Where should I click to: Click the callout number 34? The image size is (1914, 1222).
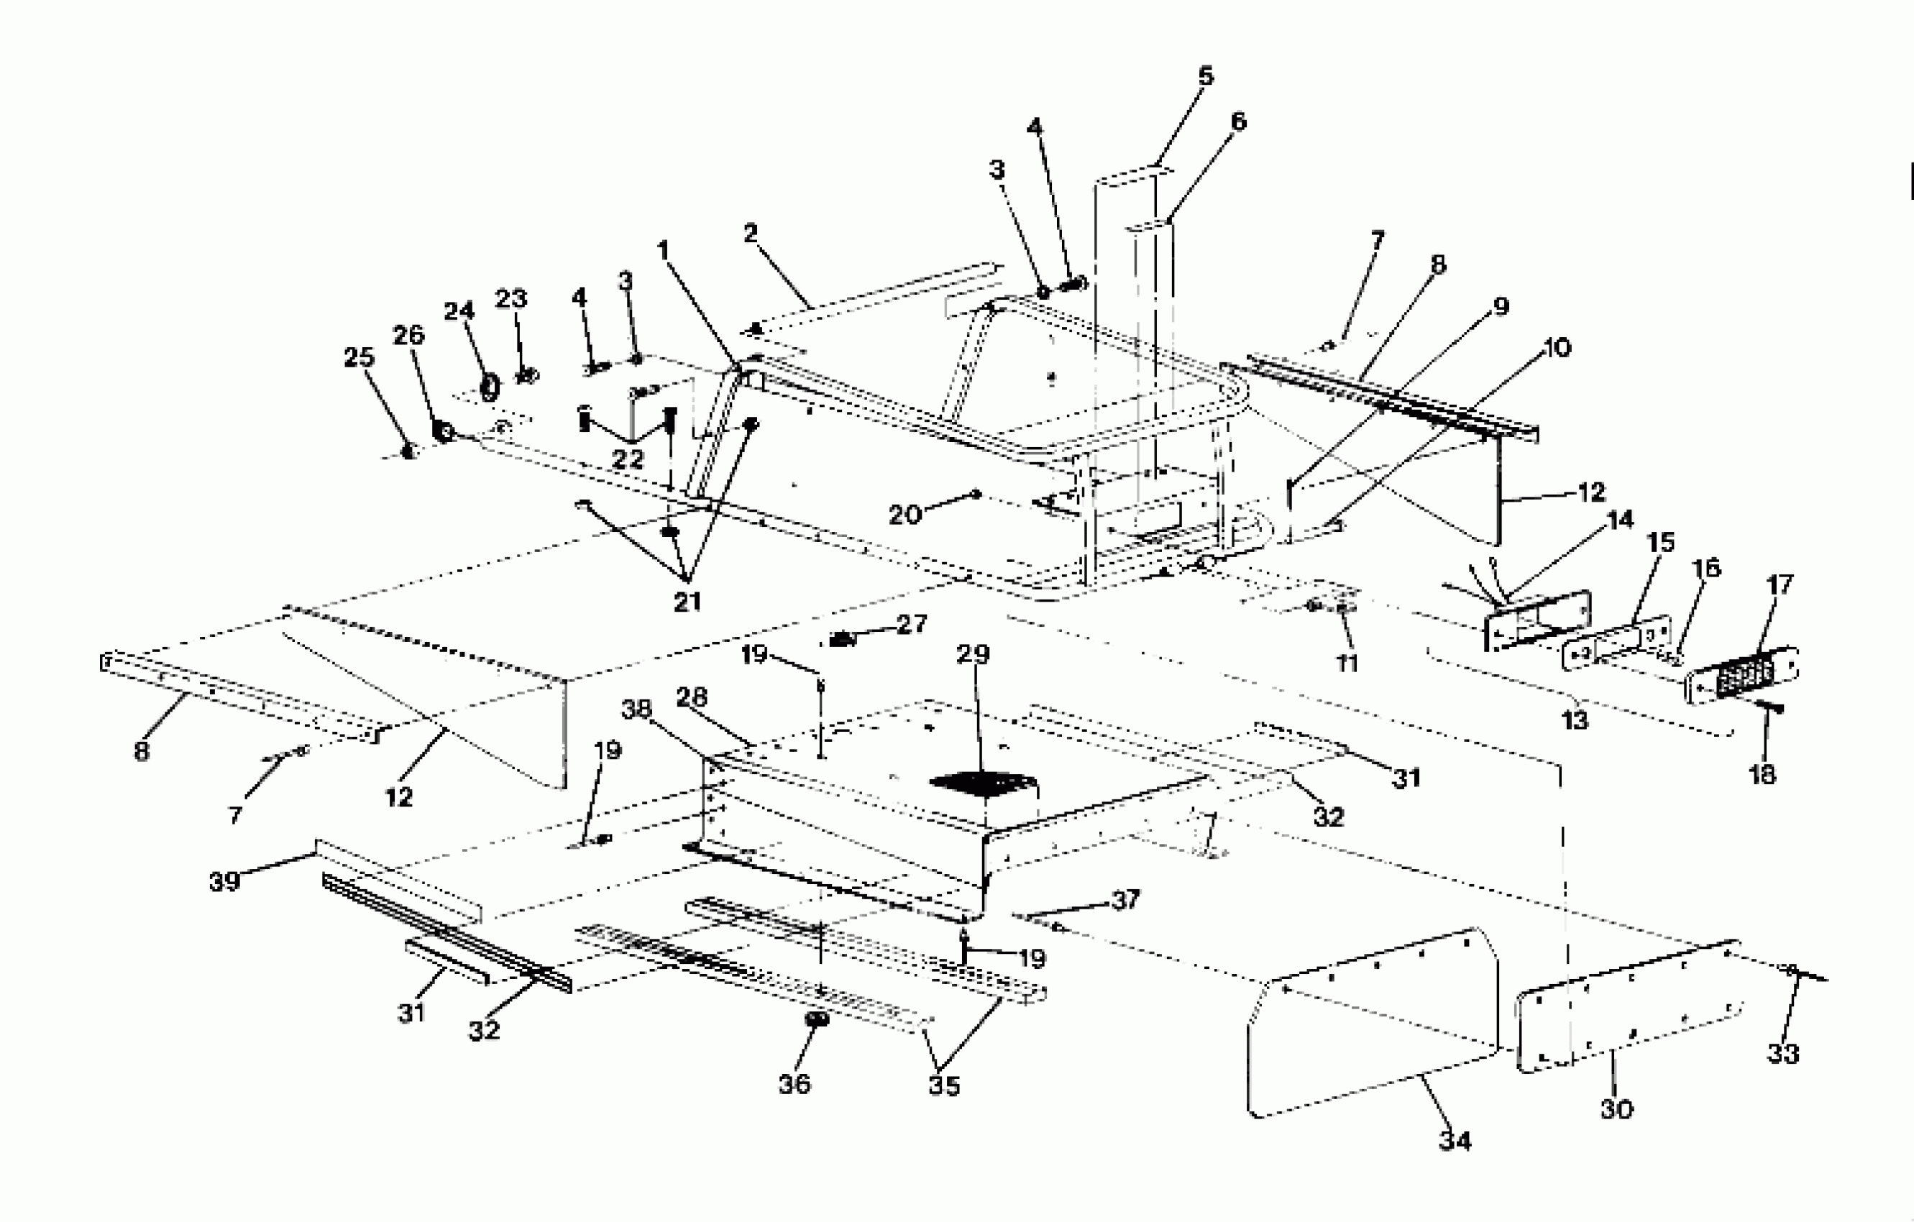(x=1455, y=1141)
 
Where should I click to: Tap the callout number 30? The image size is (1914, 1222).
(x=1616, y=1109)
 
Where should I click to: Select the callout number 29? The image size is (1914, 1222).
(x=973, y=654)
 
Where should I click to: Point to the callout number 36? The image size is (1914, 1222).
(x=794, y=1084)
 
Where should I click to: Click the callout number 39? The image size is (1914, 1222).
(x=224, y=882)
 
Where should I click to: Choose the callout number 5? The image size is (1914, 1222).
(x=1206, y=76)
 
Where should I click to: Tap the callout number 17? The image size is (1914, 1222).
(x=1780, y=585)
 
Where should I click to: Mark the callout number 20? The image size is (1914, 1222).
(x=904, y=515)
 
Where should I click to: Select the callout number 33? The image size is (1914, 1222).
(x=1783, y=1054)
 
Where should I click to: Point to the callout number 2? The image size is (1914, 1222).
(x=751, y=233)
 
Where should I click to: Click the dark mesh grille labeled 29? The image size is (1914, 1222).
(x=982, y=784)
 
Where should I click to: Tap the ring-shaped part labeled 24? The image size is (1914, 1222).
(x=490, y=389)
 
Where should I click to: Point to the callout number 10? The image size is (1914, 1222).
(x=1557, y=347)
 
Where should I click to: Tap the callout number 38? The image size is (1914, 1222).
(x=636, y=709)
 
